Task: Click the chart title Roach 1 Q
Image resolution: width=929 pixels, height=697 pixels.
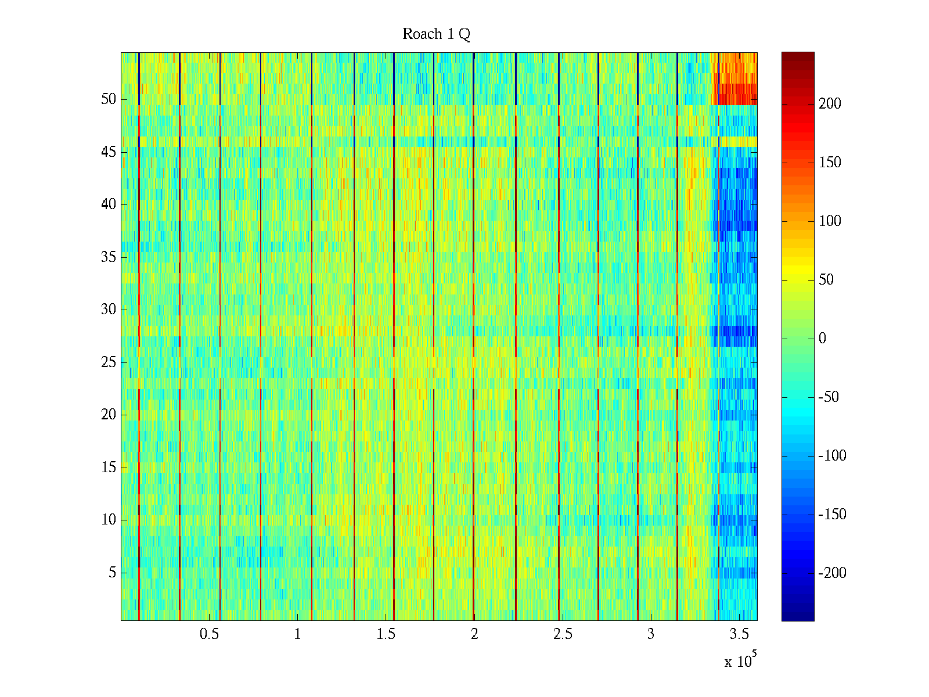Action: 436,34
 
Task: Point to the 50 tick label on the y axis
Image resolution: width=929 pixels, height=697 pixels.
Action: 109,99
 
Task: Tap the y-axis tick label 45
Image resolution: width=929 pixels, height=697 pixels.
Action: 109,152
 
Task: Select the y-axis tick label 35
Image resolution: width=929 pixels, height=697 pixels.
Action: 109,257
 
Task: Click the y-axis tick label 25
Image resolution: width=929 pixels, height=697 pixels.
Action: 109,362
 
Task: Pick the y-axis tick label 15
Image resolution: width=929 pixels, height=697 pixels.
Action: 109,468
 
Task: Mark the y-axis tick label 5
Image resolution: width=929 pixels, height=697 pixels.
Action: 112,573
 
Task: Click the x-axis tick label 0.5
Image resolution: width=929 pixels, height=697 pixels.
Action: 209,634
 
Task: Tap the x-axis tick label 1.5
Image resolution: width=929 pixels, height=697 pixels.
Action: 386,634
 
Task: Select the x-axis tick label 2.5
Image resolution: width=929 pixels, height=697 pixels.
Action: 562,634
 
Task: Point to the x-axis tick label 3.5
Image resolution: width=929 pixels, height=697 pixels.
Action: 739,634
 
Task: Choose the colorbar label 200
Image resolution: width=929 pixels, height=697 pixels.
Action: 830,104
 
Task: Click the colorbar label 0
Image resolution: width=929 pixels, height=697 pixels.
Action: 822,339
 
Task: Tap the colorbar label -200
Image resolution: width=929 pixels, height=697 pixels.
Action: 832,573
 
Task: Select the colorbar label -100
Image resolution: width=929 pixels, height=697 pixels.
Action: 832,456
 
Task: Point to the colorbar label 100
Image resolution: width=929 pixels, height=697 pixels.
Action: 830,221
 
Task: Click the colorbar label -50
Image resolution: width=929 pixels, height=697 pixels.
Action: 829,397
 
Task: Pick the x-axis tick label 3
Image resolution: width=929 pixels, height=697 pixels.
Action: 650,634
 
